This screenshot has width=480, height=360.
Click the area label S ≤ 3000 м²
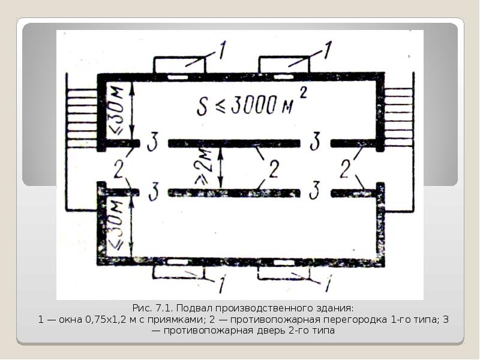pos(251,103)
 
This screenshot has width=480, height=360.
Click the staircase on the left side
pos(82,118)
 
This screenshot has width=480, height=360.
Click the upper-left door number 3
pos(153,142)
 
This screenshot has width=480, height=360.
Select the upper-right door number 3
pos(314,141)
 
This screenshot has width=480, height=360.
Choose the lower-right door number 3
pos(314,190)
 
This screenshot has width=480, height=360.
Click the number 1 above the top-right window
pos(328,50)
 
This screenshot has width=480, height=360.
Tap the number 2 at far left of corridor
pos(119,169)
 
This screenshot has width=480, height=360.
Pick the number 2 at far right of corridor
pos(346,169)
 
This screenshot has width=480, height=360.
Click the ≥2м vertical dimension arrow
pos(220,167)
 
